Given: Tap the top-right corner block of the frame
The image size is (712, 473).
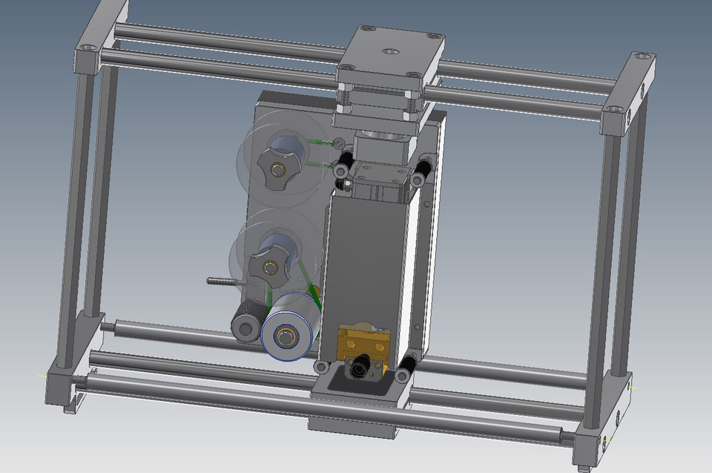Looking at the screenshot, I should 632,89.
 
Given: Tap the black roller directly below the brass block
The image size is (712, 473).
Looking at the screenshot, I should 363,365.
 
